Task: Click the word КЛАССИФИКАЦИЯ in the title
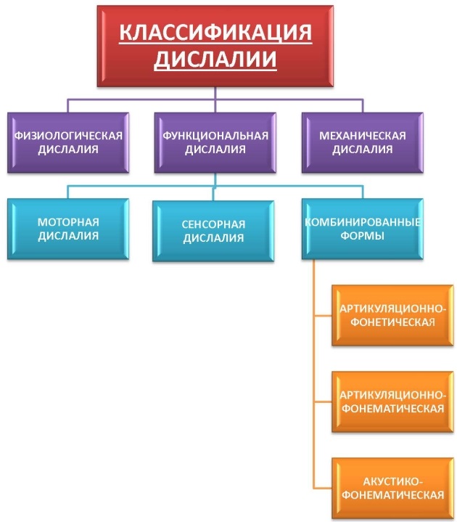[215, 33]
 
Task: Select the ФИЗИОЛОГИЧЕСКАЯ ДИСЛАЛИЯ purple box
[70, 142]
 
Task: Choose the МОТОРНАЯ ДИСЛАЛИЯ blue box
[70, 229]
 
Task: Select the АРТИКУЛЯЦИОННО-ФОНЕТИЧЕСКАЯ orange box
[392, 317]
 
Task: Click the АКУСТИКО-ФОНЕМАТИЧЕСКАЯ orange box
[392, 488]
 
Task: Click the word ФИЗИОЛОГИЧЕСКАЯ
[70, 136]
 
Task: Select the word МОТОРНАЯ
[70, 222]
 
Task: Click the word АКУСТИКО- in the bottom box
[392, 481]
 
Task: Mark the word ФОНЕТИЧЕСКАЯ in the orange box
[392, 323]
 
